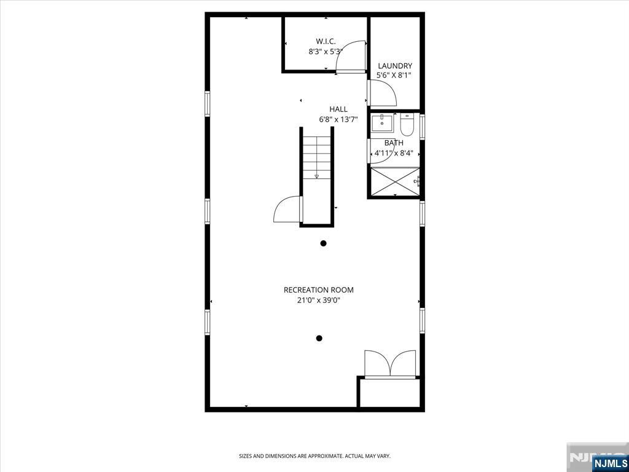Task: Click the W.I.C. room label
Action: pos(326,41)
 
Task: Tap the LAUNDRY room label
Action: pos(395,66)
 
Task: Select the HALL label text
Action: pos(338,109)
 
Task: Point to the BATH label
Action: pos(394,143)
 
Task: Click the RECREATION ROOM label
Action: pos(319,290)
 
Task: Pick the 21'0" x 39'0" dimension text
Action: pos(319,300)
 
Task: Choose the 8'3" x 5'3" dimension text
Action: pos(326,52)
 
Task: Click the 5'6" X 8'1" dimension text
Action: pos(394,75)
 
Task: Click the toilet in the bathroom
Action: pos(407,124)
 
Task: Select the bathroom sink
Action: pos(382,123)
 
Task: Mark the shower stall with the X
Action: pos(395,182)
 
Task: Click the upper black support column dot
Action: pos(323,243)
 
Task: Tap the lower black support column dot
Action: pos(319,339)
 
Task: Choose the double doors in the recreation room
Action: pos(390,364)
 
